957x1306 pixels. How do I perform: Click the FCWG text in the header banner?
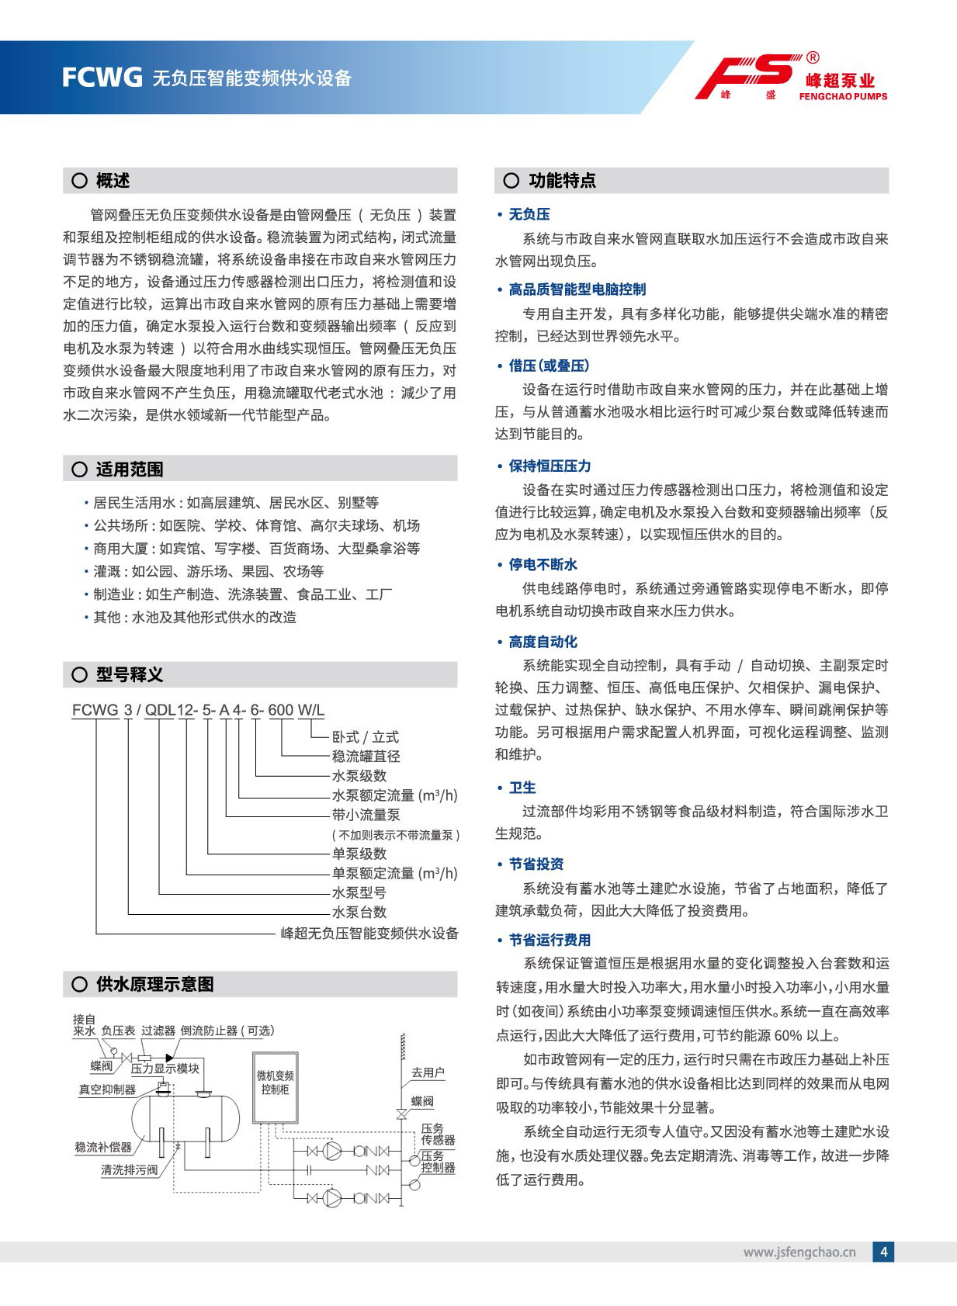click(102, 78)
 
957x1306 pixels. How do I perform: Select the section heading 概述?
click(113, 181)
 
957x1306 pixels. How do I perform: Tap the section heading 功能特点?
click(562, 181)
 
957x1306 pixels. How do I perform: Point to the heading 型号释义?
click(129, 674)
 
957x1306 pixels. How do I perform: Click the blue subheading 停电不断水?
click(543, 565)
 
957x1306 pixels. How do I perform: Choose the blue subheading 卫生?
click(522, 788)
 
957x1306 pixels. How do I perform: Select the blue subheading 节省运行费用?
click(550, 940)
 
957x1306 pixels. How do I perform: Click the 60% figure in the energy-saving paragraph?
click(787, 1035)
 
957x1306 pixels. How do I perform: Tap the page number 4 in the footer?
click(883, 1251)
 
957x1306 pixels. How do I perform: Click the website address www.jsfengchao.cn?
click(799, 1252)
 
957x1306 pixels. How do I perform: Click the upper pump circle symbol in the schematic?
click(332, 1151)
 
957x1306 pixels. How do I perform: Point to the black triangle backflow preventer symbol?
click(169, 1058)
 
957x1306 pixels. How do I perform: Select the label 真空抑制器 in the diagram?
click(107, 1089)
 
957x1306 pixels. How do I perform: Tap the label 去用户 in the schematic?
click(428, 1072)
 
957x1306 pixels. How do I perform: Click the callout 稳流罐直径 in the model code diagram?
click(366, 756)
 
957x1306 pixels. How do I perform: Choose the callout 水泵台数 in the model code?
click(359, 912)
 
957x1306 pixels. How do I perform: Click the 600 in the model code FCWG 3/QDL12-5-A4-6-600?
click(281, 710)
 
